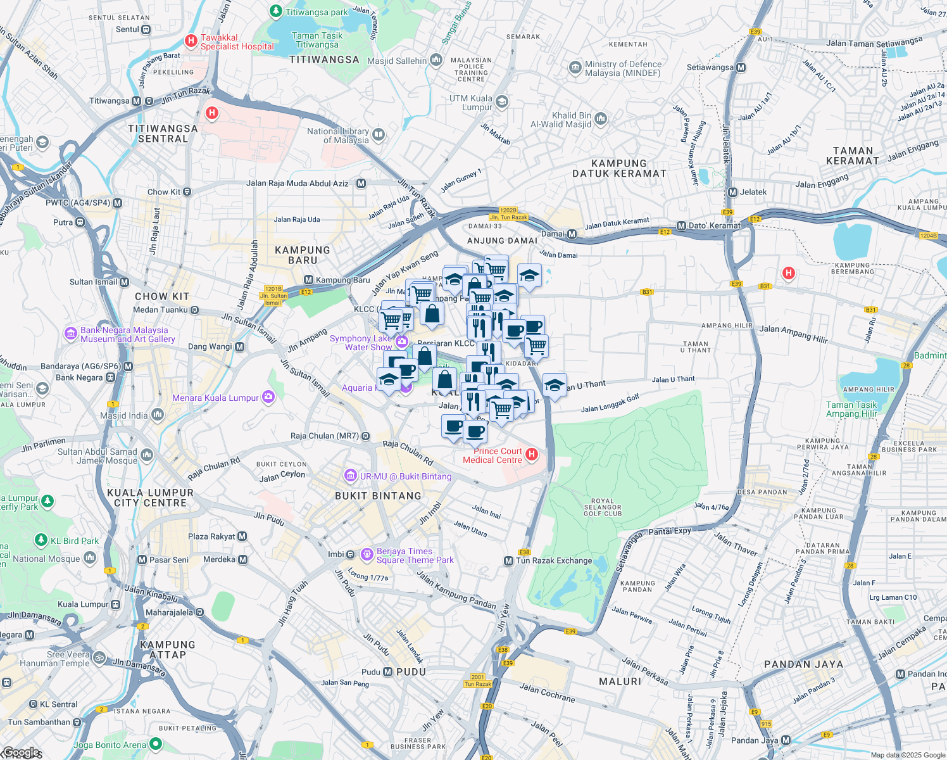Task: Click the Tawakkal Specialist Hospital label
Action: [x=237, y=42]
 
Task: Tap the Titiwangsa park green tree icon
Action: [x=276, y=11]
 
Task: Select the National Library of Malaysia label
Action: [x=337, y=136]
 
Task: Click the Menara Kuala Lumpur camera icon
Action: [x=268, y=397]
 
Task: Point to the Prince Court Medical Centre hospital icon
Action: [x=532, y=454]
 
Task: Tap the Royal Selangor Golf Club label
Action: [x=602, y=507]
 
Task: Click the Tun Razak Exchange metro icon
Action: [x=508, y=561]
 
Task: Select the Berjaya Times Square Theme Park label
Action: [x=415, y=555]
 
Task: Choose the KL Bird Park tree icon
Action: [x=41, y=540]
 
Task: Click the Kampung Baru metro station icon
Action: [x=309, y=280]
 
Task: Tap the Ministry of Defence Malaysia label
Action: [x=623, y=68]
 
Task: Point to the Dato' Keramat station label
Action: [x=714, y=225]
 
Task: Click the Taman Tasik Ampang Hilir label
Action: [x=851, y=409]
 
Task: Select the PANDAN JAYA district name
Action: [x=803, y=664]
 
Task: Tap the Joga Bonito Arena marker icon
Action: [x=156, y=744]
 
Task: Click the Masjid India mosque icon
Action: [x=158, y=415]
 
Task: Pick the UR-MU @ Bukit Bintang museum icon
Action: [x=350, y=476]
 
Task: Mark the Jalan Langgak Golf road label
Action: [x=610, y=403]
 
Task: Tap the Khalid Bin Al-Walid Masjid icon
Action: [x=601, y=118]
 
